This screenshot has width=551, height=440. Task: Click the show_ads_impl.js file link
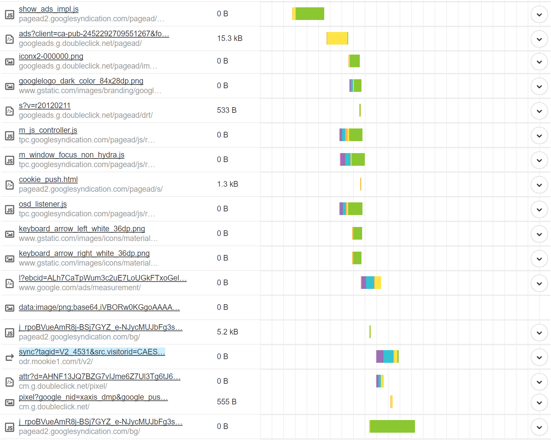tap(49, 9)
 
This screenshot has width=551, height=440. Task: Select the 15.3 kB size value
tap(229, 38)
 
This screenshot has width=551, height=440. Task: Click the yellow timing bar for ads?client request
tap(337, 38)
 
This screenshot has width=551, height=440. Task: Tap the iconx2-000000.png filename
tap(51, 56)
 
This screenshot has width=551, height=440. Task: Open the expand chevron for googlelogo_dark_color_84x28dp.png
tap(539, 87)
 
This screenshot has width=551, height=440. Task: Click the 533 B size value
tap(226, 110)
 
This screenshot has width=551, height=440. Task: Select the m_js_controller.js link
tap(48, 130)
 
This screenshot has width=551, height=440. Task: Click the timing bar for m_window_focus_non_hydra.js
tap(352, 159)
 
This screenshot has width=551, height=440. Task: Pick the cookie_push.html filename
tap(48, 179)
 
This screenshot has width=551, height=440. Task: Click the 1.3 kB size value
tap(227, 184)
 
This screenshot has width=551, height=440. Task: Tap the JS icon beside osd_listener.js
tap(10, 210)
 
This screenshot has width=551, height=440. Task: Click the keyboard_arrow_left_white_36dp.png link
tap(82, 229)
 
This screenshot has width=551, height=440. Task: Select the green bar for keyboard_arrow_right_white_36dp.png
tap(357, 258)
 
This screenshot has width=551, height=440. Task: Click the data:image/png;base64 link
tap(99, 307)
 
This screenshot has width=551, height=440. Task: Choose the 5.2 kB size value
tap(227, 332)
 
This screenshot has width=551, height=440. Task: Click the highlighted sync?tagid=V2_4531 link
tap(92, 352)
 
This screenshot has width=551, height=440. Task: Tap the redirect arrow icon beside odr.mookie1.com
tap(10, 357)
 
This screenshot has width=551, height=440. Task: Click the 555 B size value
tap(226, 402)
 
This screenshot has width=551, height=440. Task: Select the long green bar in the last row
tap(392, 426)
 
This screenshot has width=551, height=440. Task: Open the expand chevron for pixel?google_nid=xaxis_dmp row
tap(539, 403)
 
